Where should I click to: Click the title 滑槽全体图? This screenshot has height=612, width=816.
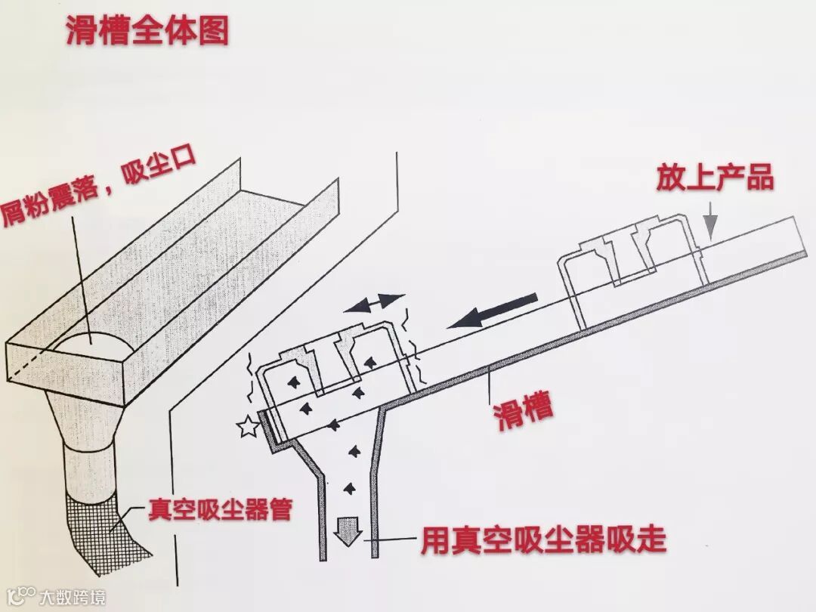147,31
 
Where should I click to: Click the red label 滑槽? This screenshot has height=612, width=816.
523,410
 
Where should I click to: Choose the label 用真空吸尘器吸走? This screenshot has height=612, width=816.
543,541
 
